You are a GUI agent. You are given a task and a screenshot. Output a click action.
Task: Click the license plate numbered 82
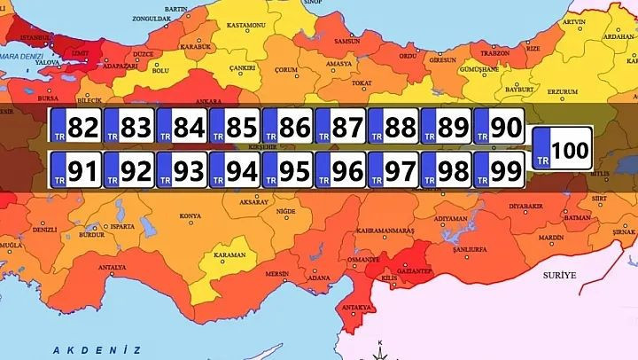coord(75,128)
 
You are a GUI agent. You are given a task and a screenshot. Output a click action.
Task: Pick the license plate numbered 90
coord(499,128)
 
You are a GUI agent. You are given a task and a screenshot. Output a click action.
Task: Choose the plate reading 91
coord(75,168)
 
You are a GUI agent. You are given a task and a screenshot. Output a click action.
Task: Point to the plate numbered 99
coord(499,168)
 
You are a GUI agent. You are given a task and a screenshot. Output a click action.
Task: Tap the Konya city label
coord(190,215)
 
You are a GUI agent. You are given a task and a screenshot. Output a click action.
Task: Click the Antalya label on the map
coord(112,267)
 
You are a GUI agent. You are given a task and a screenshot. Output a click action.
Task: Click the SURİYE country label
coord(560,276)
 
